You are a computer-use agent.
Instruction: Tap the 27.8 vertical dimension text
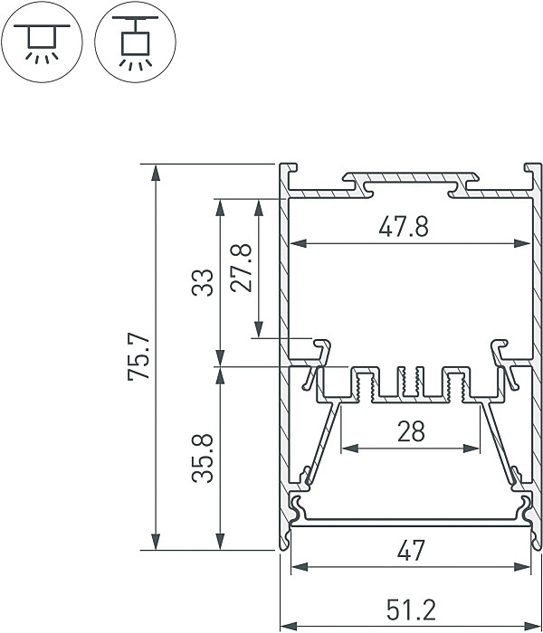pyautogui.click(x=242, y=268)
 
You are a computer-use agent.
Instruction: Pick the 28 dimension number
pyautogui.click(x=410, y=432)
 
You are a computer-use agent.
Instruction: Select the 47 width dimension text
pyautogui.click(x=410, y=550)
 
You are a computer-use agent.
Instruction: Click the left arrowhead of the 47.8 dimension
pyautogui.click(x=297, y=243)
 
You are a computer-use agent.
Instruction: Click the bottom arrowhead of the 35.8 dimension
pyautogui.click(x=219, y=542)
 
